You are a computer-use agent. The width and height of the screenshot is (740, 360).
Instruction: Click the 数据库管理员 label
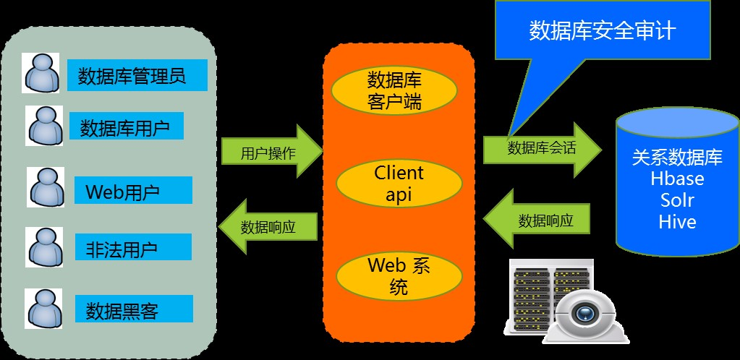(137, 76)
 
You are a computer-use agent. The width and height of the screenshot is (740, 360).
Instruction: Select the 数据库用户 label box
(126, 129)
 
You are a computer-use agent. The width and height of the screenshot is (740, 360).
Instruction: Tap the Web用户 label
(132, 192)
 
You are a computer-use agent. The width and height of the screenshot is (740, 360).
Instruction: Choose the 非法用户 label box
(132, 249)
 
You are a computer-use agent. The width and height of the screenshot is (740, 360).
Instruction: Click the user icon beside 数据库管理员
(42, 72)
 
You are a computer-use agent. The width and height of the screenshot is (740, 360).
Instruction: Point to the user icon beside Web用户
(46, 187)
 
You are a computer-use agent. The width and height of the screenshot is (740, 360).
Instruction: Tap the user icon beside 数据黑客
(43, 308)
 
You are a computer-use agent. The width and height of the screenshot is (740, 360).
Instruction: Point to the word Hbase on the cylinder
(677, 178)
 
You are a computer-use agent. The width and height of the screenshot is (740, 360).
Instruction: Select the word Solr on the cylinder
(677, 200)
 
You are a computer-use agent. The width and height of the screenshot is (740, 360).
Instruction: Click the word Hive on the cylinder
(677, 221)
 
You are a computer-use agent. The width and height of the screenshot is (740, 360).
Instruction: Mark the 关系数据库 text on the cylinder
(677, 157)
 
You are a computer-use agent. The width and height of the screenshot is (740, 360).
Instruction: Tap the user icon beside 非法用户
(43, 247)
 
